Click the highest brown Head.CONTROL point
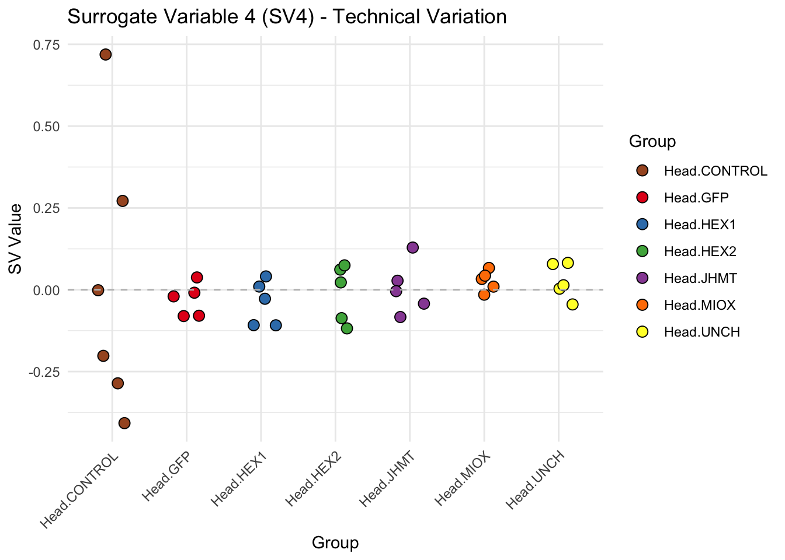[106, 55]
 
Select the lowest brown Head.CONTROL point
[124, 423]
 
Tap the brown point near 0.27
[122, 201]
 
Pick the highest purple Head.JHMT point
[412, 247]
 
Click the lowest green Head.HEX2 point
[347, 328]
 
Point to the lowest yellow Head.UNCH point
[572, 304]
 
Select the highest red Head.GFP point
[197, 277]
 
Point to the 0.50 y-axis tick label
[48, 127]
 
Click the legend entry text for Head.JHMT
[700, 278]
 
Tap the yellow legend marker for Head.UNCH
[642, 332]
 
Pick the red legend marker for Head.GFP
[642, 198]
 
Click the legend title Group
[652, 141]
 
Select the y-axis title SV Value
[16, 239]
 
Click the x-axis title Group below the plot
[335, 543]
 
